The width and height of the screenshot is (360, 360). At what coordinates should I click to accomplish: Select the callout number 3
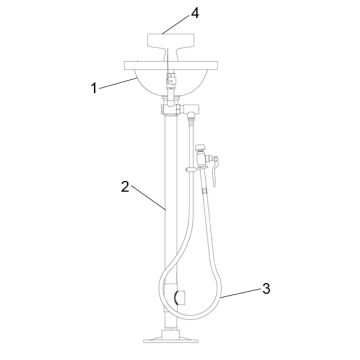(266, 289)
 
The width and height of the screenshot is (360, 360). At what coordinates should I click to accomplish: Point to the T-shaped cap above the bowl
(171, 43)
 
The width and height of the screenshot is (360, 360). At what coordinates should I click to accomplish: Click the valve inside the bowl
(171, 75)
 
